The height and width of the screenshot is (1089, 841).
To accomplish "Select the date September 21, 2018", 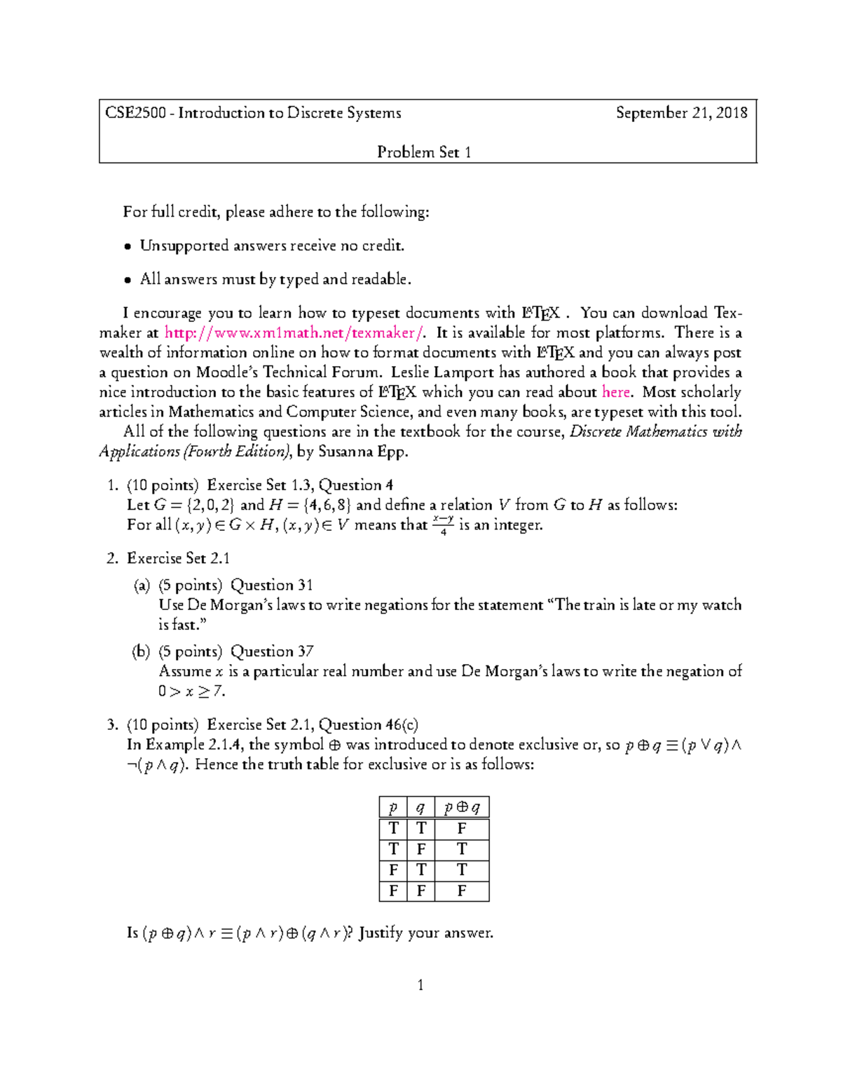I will (x=681, y=113).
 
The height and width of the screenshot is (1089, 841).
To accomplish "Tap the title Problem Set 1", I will (x=424, y=152).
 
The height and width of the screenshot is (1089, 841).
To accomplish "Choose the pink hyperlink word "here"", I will (x=616, y=392).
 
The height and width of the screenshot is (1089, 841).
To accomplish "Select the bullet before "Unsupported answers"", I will (x=128, y=246).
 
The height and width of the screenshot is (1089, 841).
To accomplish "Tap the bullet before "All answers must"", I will (x=128, y=280).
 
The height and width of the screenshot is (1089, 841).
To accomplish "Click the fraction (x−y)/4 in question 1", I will (x=443, y=525).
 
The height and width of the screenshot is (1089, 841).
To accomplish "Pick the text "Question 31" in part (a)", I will (x=272, y=585).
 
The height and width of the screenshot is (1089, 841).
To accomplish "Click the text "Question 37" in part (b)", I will (x=272, y=651).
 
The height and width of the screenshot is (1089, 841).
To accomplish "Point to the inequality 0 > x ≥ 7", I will (x=191, y=691).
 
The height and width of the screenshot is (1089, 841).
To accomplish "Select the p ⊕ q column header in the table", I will (x=462, y=808).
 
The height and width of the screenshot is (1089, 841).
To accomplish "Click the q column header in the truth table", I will (x=420, y=808).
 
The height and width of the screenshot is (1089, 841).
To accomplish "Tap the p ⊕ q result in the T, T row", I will (x=462, y=829).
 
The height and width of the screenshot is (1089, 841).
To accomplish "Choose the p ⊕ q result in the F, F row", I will (x=462, y=891).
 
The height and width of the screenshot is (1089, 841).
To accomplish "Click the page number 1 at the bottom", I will (x=420, y=985).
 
